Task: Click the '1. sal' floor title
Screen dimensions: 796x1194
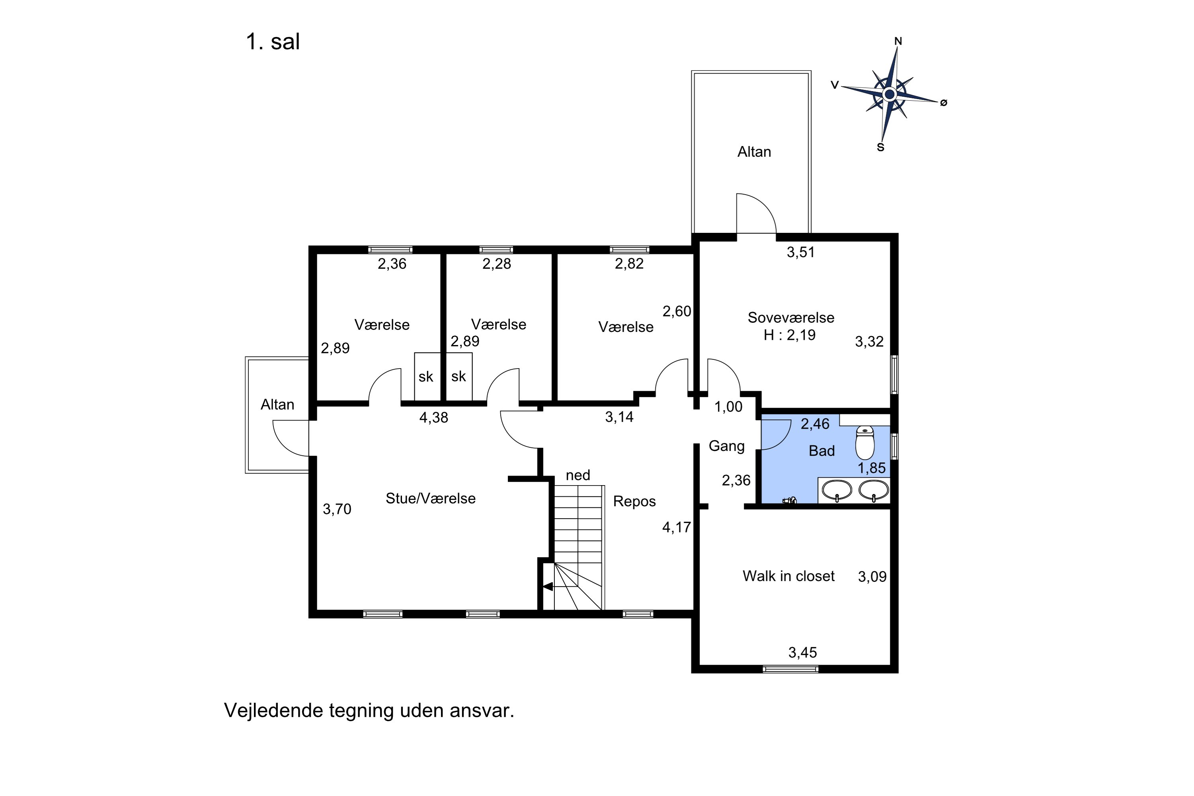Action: (273, 42)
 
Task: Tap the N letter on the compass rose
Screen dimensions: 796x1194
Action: (897, 41)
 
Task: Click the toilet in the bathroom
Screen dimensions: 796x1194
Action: (864, 443)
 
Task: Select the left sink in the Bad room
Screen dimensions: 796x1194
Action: (837, 490)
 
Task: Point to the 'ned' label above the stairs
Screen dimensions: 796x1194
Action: (578, 475)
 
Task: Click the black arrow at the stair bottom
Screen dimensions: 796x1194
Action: (548, 586)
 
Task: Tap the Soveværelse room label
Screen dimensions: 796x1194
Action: (790, 318)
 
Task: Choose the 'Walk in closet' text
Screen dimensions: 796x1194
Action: (788, 576)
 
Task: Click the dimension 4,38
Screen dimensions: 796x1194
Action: (433, 417)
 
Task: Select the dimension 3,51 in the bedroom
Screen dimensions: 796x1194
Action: (800, 252)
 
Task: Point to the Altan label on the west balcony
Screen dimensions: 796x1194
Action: (277, 405)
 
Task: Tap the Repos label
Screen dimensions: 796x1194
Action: (634, 501)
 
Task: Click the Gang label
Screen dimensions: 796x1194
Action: (726, 446)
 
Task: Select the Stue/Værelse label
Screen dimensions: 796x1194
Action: (431, 499)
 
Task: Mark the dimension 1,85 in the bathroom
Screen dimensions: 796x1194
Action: (871, 468)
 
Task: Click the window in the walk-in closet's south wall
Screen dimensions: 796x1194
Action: (790, 669)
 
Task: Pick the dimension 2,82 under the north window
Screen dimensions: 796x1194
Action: (629, 263)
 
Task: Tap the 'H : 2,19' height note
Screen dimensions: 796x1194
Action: (789, 335)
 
